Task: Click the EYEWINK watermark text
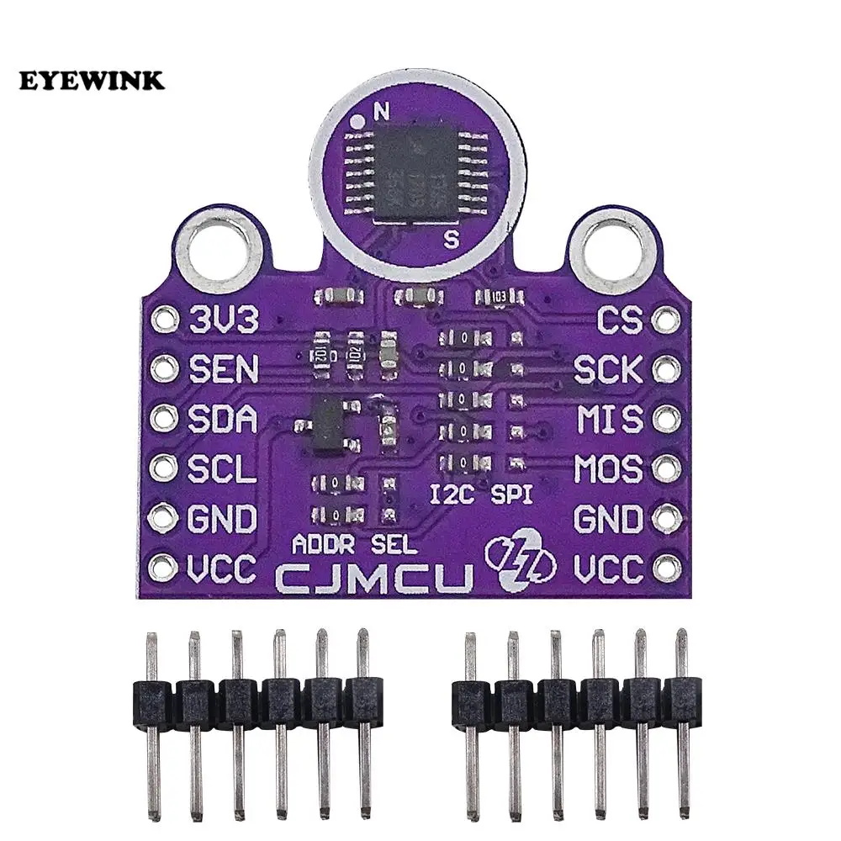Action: click(x=93, y=81)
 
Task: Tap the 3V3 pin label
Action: click(x=223, y=320)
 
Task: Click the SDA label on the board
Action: click(x=223, y=418)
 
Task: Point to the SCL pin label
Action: click(x=222, y=468)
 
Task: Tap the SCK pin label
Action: click(x=607, y=368)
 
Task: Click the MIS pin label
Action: click(x=608, y=418)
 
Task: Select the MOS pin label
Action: click(x=607, y=468)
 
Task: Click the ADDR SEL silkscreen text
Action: click(x=353, y=544)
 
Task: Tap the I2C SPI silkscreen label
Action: click(x=480, y=495)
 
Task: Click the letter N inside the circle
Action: click(x=382, y=110)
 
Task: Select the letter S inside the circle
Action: click(x=451, y=238)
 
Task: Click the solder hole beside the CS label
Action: click(x=667, y=320)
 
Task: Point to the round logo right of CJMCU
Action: click(x=519, y=560)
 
